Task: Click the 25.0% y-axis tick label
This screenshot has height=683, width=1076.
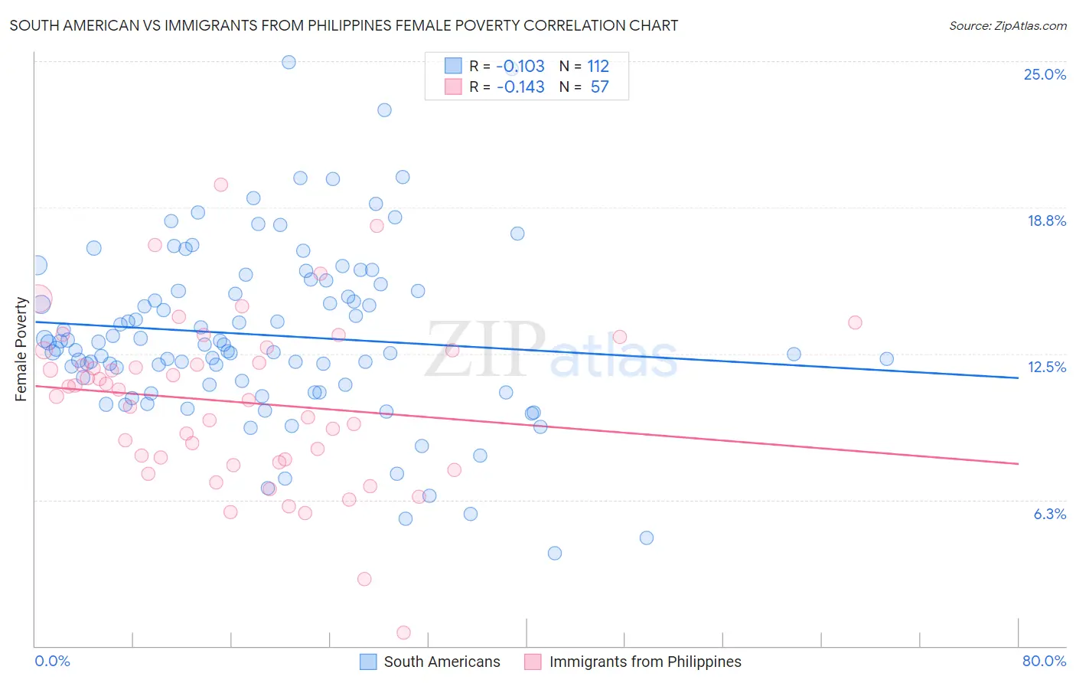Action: coord(1045,74)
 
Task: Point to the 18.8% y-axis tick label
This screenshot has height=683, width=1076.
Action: coord(1046,221)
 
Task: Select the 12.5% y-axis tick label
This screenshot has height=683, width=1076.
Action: coord(1046,367)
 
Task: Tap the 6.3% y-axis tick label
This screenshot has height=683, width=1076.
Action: coord(1049,514)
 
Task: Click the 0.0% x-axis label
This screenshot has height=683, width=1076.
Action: coord(52,661)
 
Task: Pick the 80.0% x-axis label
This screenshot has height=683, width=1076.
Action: coord(1044,661)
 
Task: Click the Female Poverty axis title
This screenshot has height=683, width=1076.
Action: coord(21,349)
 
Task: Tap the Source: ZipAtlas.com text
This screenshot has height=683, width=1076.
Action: coord(1007,25)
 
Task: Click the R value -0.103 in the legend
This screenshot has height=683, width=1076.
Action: coord(520,66)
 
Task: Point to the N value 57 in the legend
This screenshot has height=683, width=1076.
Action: coord(599,87)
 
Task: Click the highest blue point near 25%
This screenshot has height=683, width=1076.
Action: coord(289,62)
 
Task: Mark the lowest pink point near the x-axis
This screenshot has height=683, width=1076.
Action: coord(403,632)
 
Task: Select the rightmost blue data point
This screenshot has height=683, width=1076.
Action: coord(886,359)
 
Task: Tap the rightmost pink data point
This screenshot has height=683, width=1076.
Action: coord(855,322)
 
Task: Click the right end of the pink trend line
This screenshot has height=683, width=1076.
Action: coord(1018,463)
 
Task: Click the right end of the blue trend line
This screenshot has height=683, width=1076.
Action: coord(1018,377)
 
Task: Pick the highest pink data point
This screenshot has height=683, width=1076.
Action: coord(220,185)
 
